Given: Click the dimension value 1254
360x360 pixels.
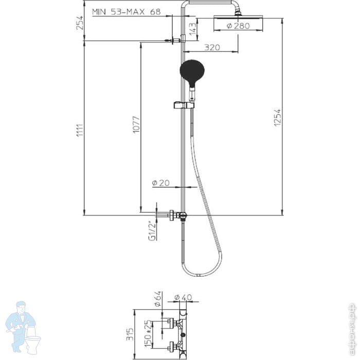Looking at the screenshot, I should (x=278, y=119).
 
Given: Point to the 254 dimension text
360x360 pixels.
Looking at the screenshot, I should (x=79, y=23).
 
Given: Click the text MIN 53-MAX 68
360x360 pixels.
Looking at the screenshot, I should (x=125, y=11).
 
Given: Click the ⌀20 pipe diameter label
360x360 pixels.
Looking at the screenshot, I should (x=160, y=183).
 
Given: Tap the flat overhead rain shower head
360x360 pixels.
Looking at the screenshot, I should (x=239, y=19).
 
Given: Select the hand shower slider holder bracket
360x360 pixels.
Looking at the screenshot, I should (x=178, y=105).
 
